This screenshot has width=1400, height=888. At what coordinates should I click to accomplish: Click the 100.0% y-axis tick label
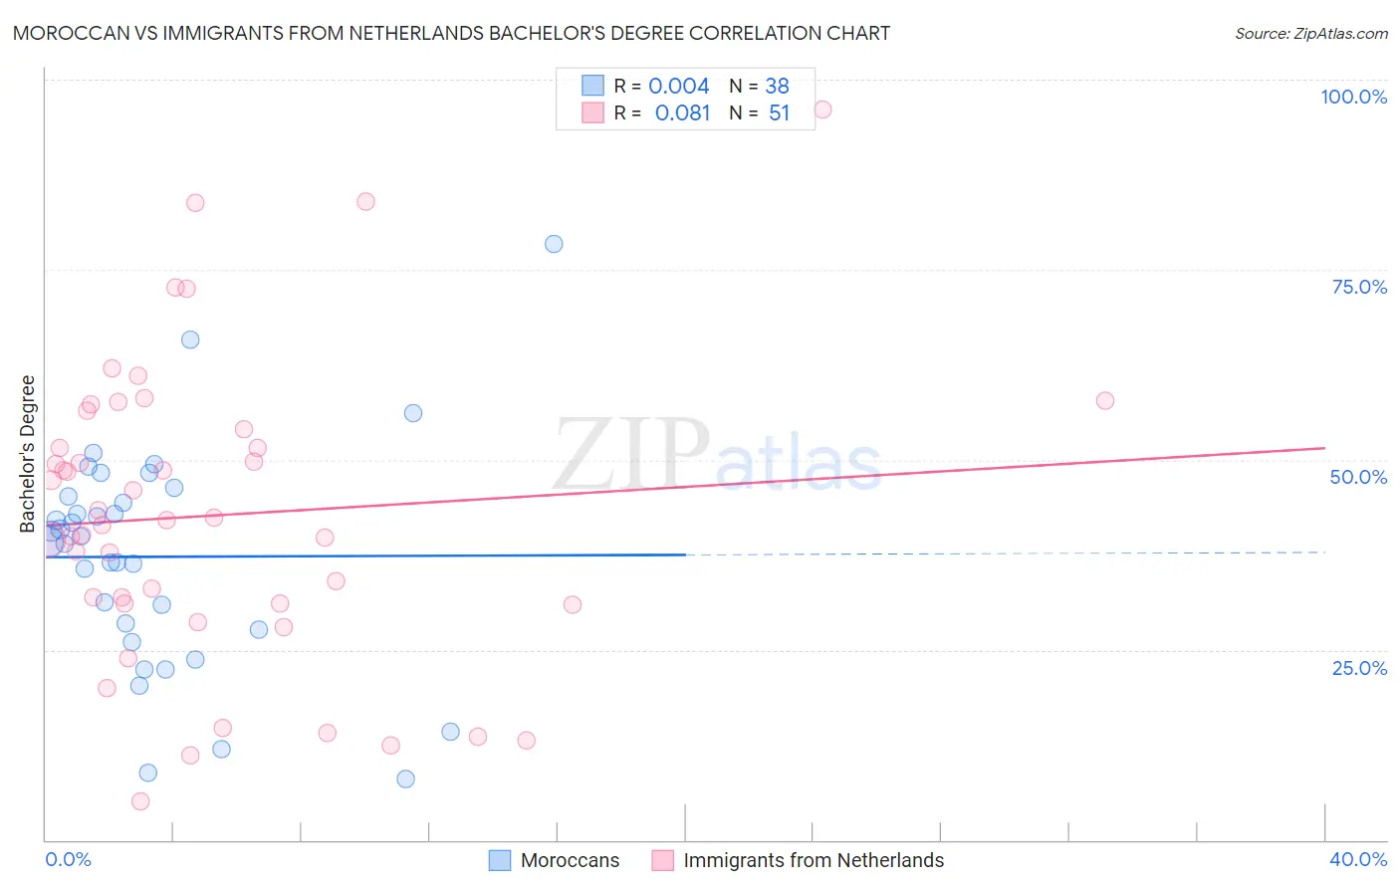coord(1353,97)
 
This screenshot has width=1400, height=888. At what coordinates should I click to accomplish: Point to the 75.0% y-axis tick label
coord(1359,287)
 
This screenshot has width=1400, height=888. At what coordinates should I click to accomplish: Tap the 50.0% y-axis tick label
coord(1358,477)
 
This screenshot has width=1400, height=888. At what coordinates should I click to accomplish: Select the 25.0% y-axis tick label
coord(1359,668)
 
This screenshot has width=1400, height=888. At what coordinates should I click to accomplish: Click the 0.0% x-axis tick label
coord(68,859)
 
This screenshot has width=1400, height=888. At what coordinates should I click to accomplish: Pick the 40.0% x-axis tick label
coord(1357,859)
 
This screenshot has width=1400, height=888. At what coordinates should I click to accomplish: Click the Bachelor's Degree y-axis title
coord(28,454)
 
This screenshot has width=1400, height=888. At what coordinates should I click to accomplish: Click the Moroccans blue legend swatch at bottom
coord(500,860)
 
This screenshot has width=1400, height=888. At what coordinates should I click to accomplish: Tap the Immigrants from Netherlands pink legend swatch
coord(663,860)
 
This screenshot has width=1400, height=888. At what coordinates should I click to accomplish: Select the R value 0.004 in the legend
coord(679,87)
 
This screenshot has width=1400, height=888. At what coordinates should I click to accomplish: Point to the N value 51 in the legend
coord(779,113)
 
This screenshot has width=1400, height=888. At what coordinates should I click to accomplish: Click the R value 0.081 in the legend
coord(682,113)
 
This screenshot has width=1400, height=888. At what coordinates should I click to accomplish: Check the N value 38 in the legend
coord(777,87)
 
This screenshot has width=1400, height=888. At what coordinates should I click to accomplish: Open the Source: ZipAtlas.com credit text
coord(1310,34)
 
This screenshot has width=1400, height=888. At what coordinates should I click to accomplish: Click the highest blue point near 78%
coord(554,244)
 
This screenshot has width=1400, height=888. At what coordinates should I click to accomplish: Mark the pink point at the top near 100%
coord(822,110)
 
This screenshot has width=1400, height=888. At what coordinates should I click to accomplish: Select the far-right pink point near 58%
coord(1104,400)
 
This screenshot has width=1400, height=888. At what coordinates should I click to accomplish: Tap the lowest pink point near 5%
coord(140,801)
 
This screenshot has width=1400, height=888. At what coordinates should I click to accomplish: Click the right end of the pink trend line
coord(1324,448)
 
